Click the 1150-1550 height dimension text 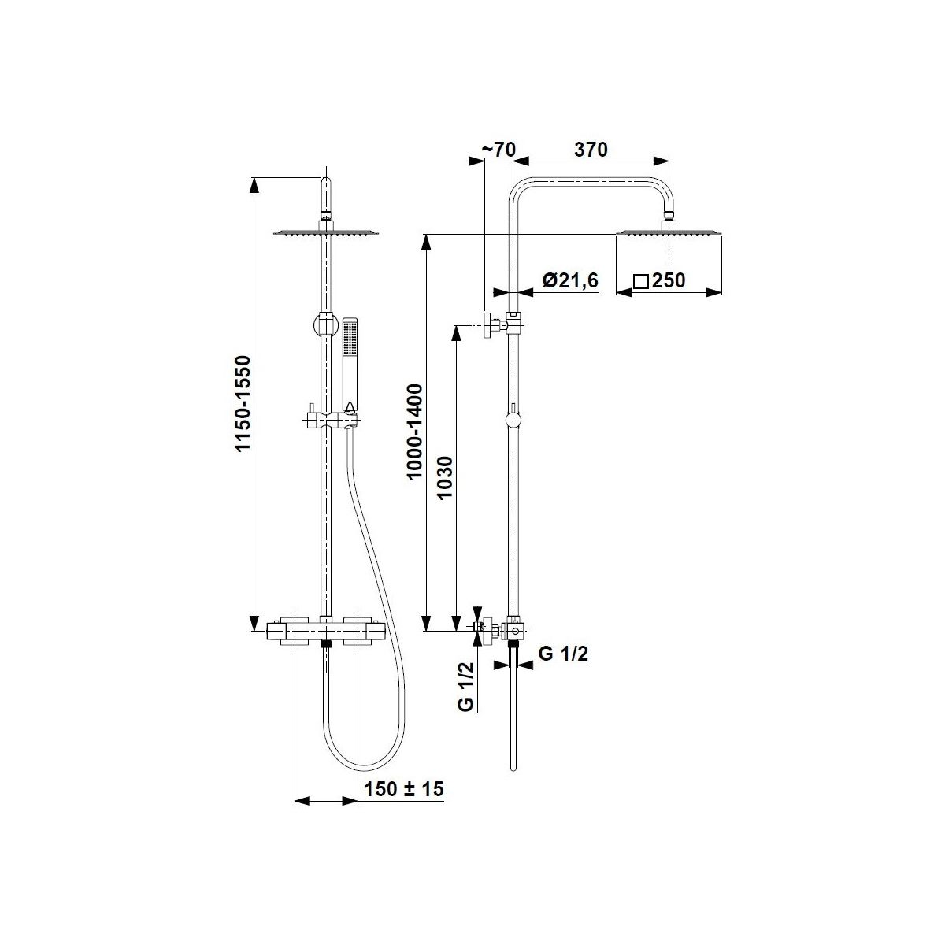coord(243,402)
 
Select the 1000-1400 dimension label coord(415,432)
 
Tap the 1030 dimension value coord(444,478)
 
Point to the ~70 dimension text coord(500,150)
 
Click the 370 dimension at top coord(591,150)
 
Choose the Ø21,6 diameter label coord(571,280)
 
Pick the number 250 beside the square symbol coord(669,280)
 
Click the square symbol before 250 coord(640,281)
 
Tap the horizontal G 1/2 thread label coord(563,654)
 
